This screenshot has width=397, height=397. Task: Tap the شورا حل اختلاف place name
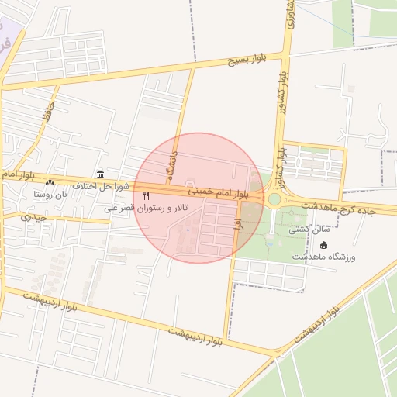tap(99, 186)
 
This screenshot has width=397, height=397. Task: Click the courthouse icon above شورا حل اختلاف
tap(100, 174)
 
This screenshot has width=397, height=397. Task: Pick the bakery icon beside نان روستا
tap(50, 183)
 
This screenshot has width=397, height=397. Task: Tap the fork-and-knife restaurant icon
tap(146, 195)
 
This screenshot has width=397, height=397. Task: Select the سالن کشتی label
tap(309, 230)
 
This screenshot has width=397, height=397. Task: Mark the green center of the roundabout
tap(274, 199)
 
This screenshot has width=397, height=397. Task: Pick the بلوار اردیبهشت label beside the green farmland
tap(318, 326)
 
